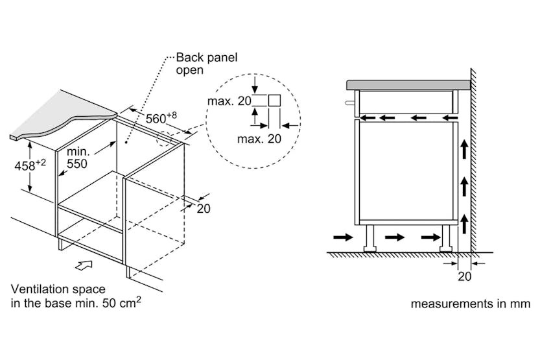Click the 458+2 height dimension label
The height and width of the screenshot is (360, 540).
tap(29, 165)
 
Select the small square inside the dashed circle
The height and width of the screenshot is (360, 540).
tap(274, 100)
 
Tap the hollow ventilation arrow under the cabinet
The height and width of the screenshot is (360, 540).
tap(85, 264)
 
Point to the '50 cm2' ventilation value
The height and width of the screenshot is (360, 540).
tap(123, 302)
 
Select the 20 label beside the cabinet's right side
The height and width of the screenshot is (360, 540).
tap(204, 208)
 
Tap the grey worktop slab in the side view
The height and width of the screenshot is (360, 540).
tap(408, 84)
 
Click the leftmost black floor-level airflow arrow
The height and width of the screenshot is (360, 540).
tap(344, 238)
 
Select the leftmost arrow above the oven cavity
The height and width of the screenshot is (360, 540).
tap(368, 117)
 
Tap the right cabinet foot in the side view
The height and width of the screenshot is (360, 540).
tap(446, 238)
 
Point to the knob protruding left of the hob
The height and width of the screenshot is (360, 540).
tap(350, 102)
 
